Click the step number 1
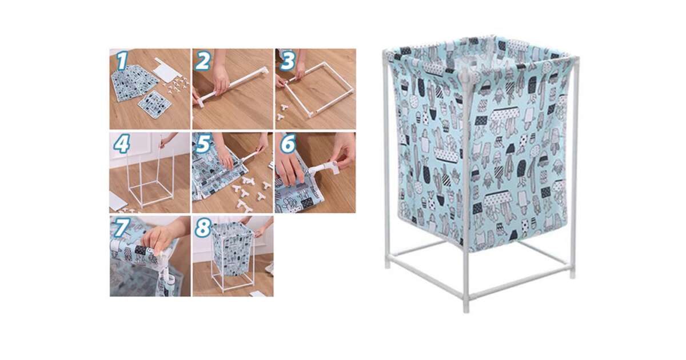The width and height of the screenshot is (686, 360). (122, 61)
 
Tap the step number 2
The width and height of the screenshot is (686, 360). (202, 61)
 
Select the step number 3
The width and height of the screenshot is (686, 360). (287, 61)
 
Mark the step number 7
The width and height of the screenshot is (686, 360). (122, 227)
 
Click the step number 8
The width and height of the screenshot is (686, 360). (203, 227)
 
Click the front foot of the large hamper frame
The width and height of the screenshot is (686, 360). (466, 305)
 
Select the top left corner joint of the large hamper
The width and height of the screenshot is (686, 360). (385, 53)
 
